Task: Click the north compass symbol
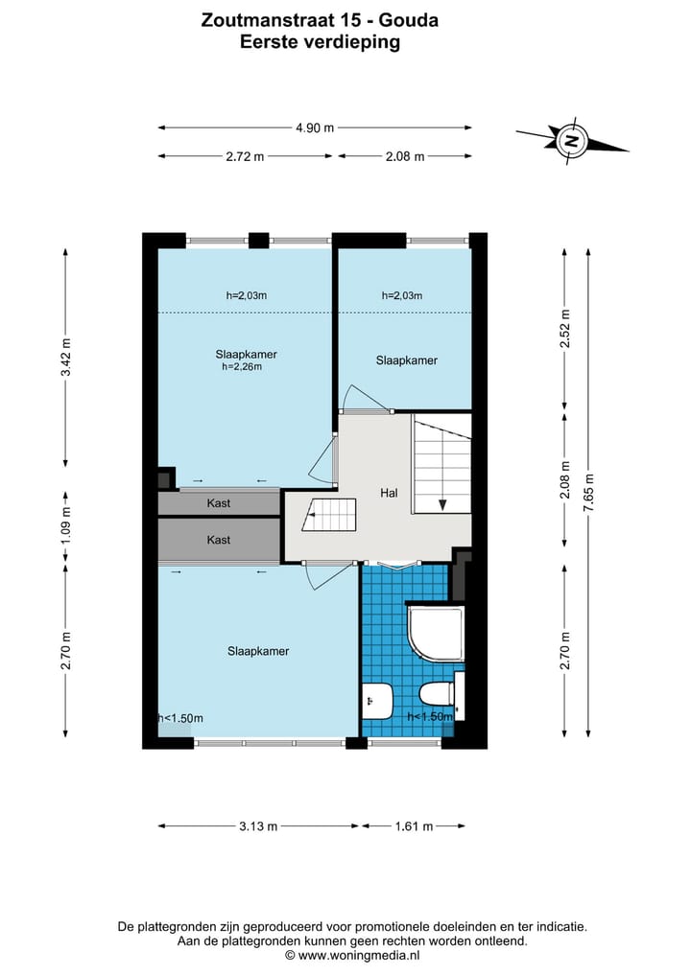[570, 140]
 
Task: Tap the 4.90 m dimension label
[315, 128]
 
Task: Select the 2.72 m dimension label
[245, 156]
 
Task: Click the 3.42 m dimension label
[66, 357]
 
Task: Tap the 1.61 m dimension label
[414, 826]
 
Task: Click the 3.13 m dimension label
[258, 826]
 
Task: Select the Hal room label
[389, 493]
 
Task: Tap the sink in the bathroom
[376, 701]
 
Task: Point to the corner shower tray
[436, 634]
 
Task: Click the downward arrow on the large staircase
[442, 504]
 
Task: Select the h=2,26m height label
[242, 367]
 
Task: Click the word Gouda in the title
[409, 20]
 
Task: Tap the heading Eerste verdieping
[320, 42]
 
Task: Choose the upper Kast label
[219, 503]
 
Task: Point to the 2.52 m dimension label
[565, 328]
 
